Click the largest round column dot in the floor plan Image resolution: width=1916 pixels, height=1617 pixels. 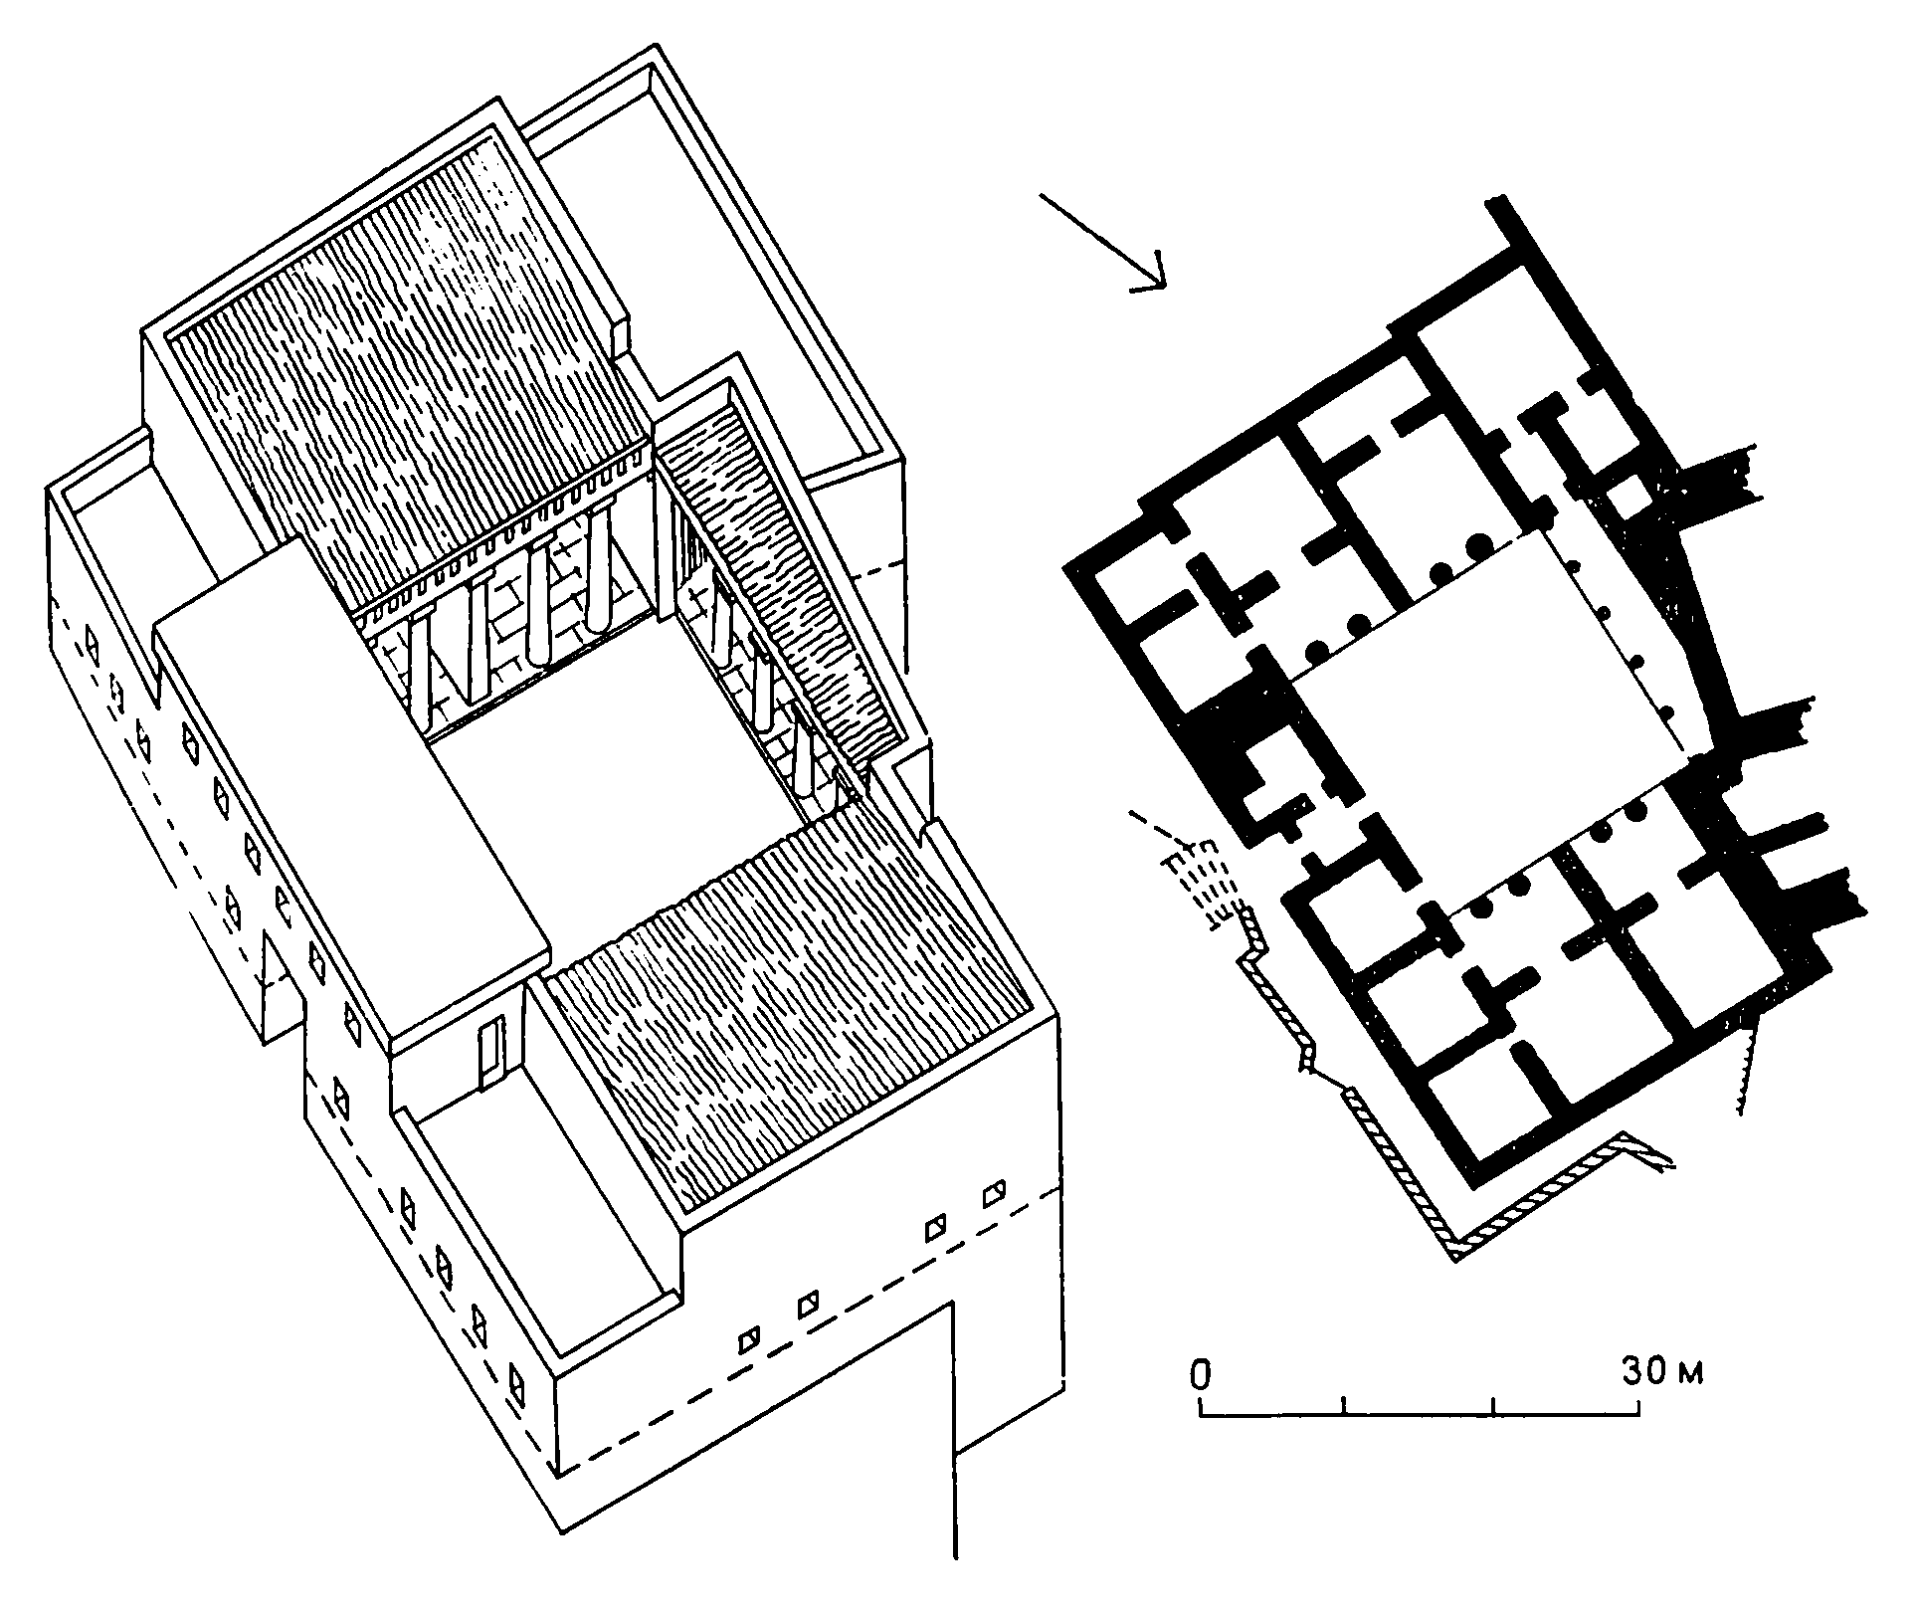click(x=1478, y=545)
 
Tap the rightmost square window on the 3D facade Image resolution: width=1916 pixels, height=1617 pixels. click(x=994, y=1193)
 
